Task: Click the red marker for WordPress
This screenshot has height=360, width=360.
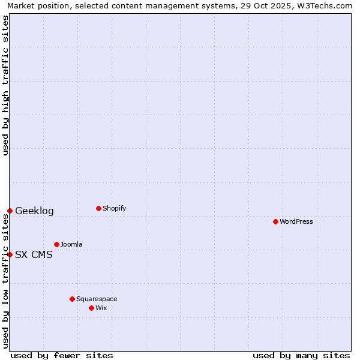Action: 275,221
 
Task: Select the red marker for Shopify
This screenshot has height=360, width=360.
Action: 98,208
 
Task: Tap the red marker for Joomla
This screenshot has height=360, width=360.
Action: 56,244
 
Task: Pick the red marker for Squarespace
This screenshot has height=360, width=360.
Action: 72,299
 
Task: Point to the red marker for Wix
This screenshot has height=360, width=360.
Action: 91,308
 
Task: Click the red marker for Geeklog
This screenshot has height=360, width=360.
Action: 10,211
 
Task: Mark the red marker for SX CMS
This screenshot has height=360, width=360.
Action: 10,254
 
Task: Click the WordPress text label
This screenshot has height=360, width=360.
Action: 296,221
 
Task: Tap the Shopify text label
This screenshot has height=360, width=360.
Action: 115,208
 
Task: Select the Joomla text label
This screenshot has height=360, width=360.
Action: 71,244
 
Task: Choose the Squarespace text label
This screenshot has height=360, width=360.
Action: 97,299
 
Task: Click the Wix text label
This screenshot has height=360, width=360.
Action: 101,308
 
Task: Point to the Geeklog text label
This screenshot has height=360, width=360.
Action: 34,211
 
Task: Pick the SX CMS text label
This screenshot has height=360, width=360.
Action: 34,254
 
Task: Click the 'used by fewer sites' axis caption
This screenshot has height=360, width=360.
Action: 62,355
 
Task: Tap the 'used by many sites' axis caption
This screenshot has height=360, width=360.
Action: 301,355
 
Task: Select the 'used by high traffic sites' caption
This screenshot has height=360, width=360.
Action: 6,85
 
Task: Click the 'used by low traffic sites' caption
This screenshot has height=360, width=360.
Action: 6,281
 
